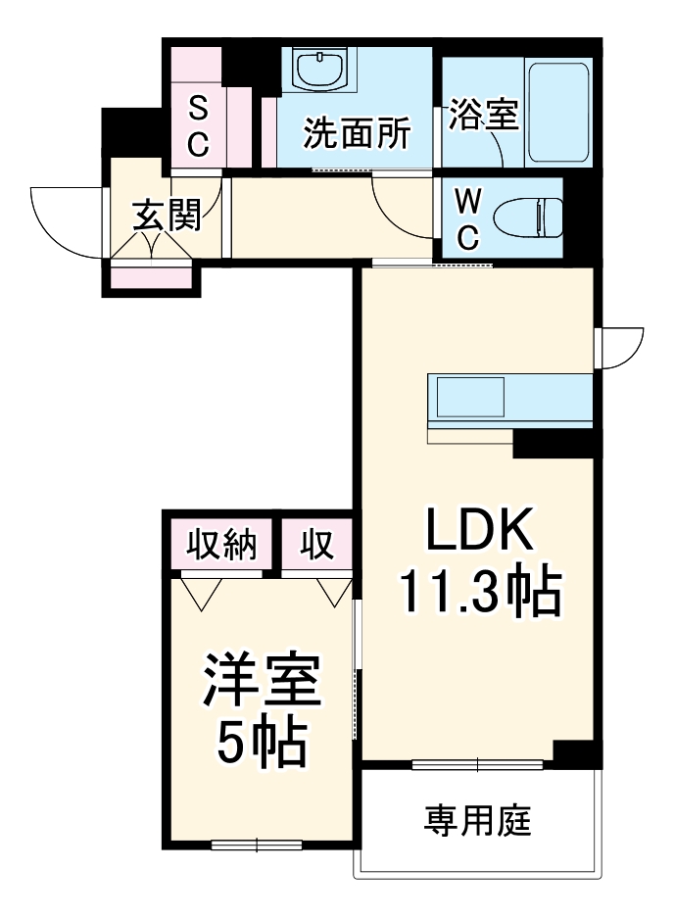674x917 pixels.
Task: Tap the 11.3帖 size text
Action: coord(478,591)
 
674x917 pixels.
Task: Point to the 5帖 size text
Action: coord(262,745)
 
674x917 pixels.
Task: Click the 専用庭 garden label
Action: coord(477,819)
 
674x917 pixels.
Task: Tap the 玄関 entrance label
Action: coord(168,216)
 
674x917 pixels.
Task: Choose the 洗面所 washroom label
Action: coord(356,133)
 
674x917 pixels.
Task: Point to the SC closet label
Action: coord(198,125)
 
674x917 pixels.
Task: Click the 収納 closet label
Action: coord(222,545)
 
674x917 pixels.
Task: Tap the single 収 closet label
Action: coord(316,545)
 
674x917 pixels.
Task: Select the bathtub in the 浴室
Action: coord(559,114)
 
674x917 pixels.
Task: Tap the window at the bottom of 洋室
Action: coord(257,844)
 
